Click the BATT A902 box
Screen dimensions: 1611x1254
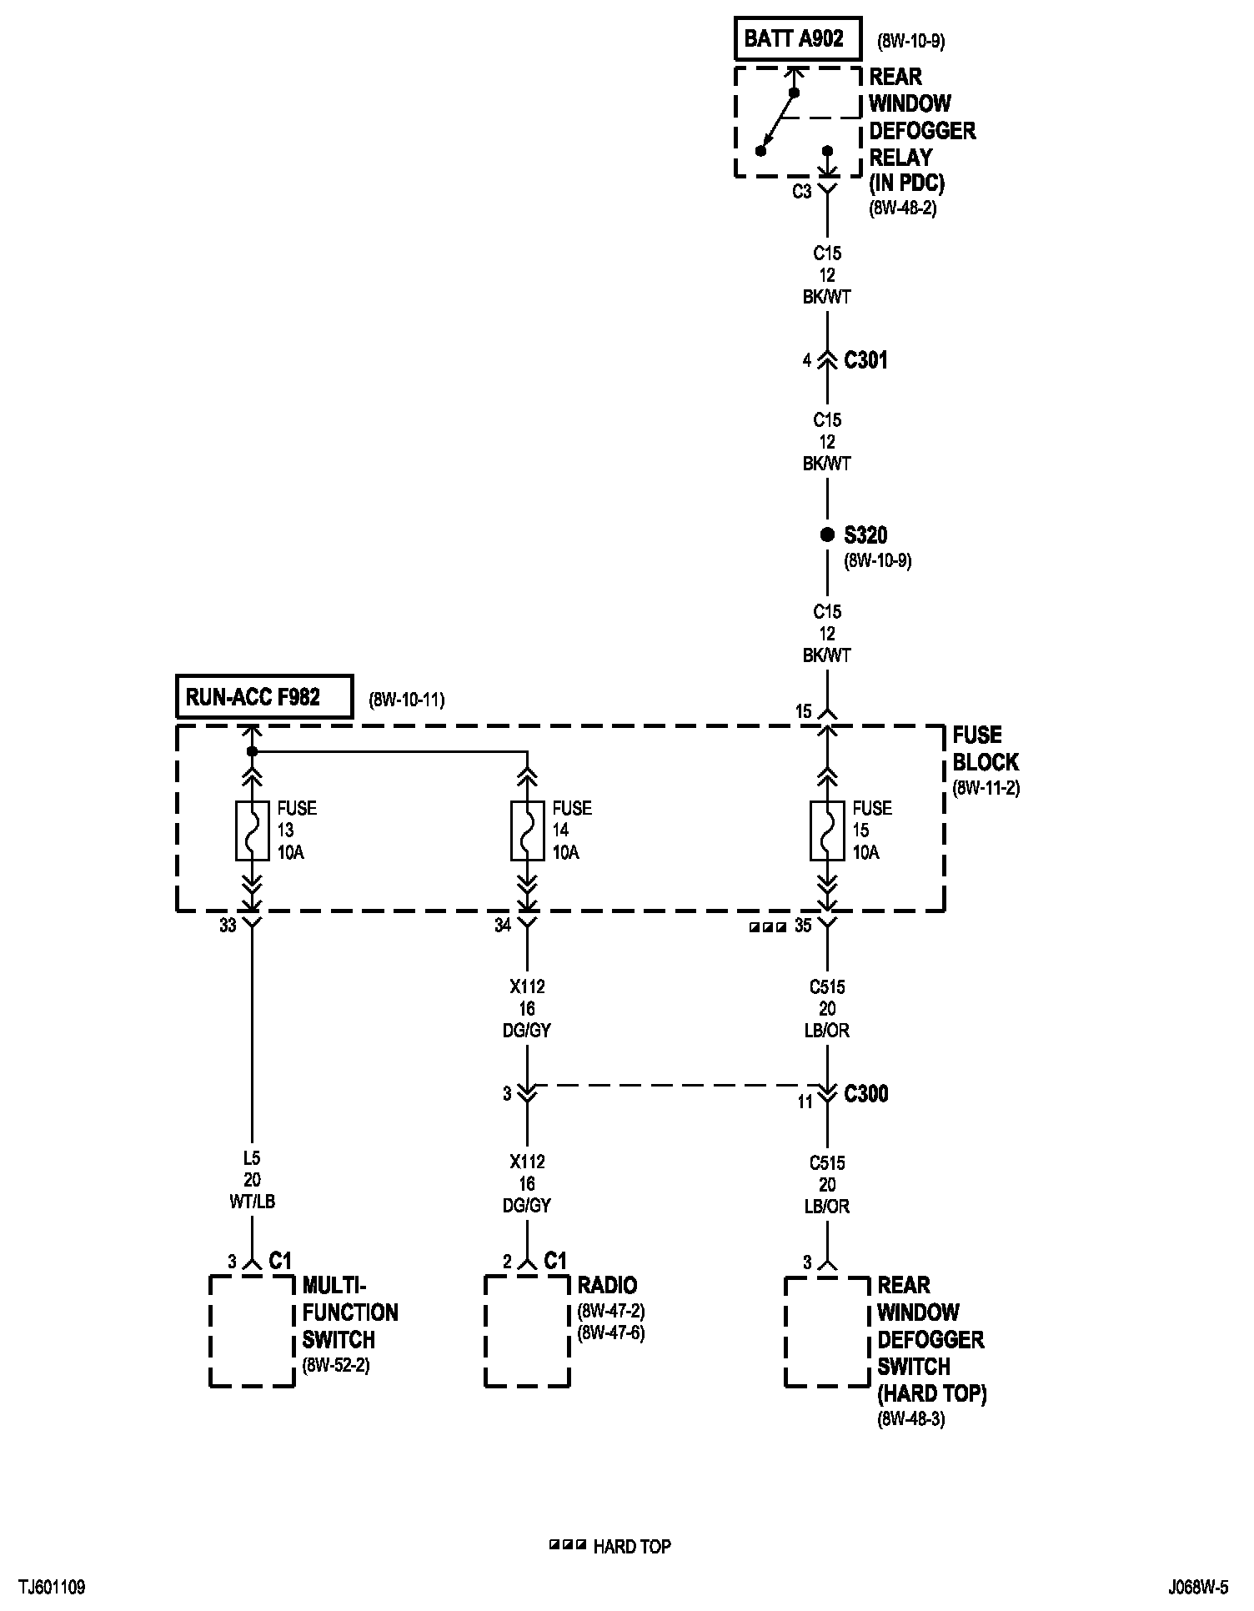click(796, 39)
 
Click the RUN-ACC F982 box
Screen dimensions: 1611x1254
click(263, 696)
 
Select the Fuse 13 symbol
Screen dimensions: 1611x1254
click(252, 831)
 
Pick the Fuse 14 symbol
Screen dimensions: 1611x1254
click(527, 831)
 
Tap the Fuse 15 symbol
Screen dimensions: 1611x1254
click(827, 831)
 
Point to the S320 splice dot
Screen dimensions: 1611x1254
click(827, 535)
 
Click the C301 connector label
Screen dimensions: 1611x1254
click(865, 360)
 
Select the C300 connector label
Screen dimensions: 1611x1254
click(865, 1094)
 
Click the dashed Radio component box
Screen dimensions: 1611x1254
click(527, 1331)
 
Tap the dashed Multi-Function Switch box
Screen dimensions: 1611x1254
click(252, 1331)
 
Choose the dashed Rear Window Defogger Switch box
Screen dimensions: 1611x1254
click(827, 1331)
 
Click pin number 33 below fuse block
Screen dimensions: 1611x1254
click(228, 925)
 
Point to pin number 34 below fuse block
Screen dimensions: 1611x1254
click(503, 925)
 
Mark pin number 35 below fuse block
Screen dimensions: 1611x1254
click(803, 925)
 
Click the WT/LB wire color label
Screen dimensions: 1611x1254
click(252, 1202)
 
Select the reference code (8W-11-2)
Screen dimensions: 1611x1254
click(986, 788)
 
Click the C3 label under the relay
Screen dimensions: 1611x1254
click(801, 192)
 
